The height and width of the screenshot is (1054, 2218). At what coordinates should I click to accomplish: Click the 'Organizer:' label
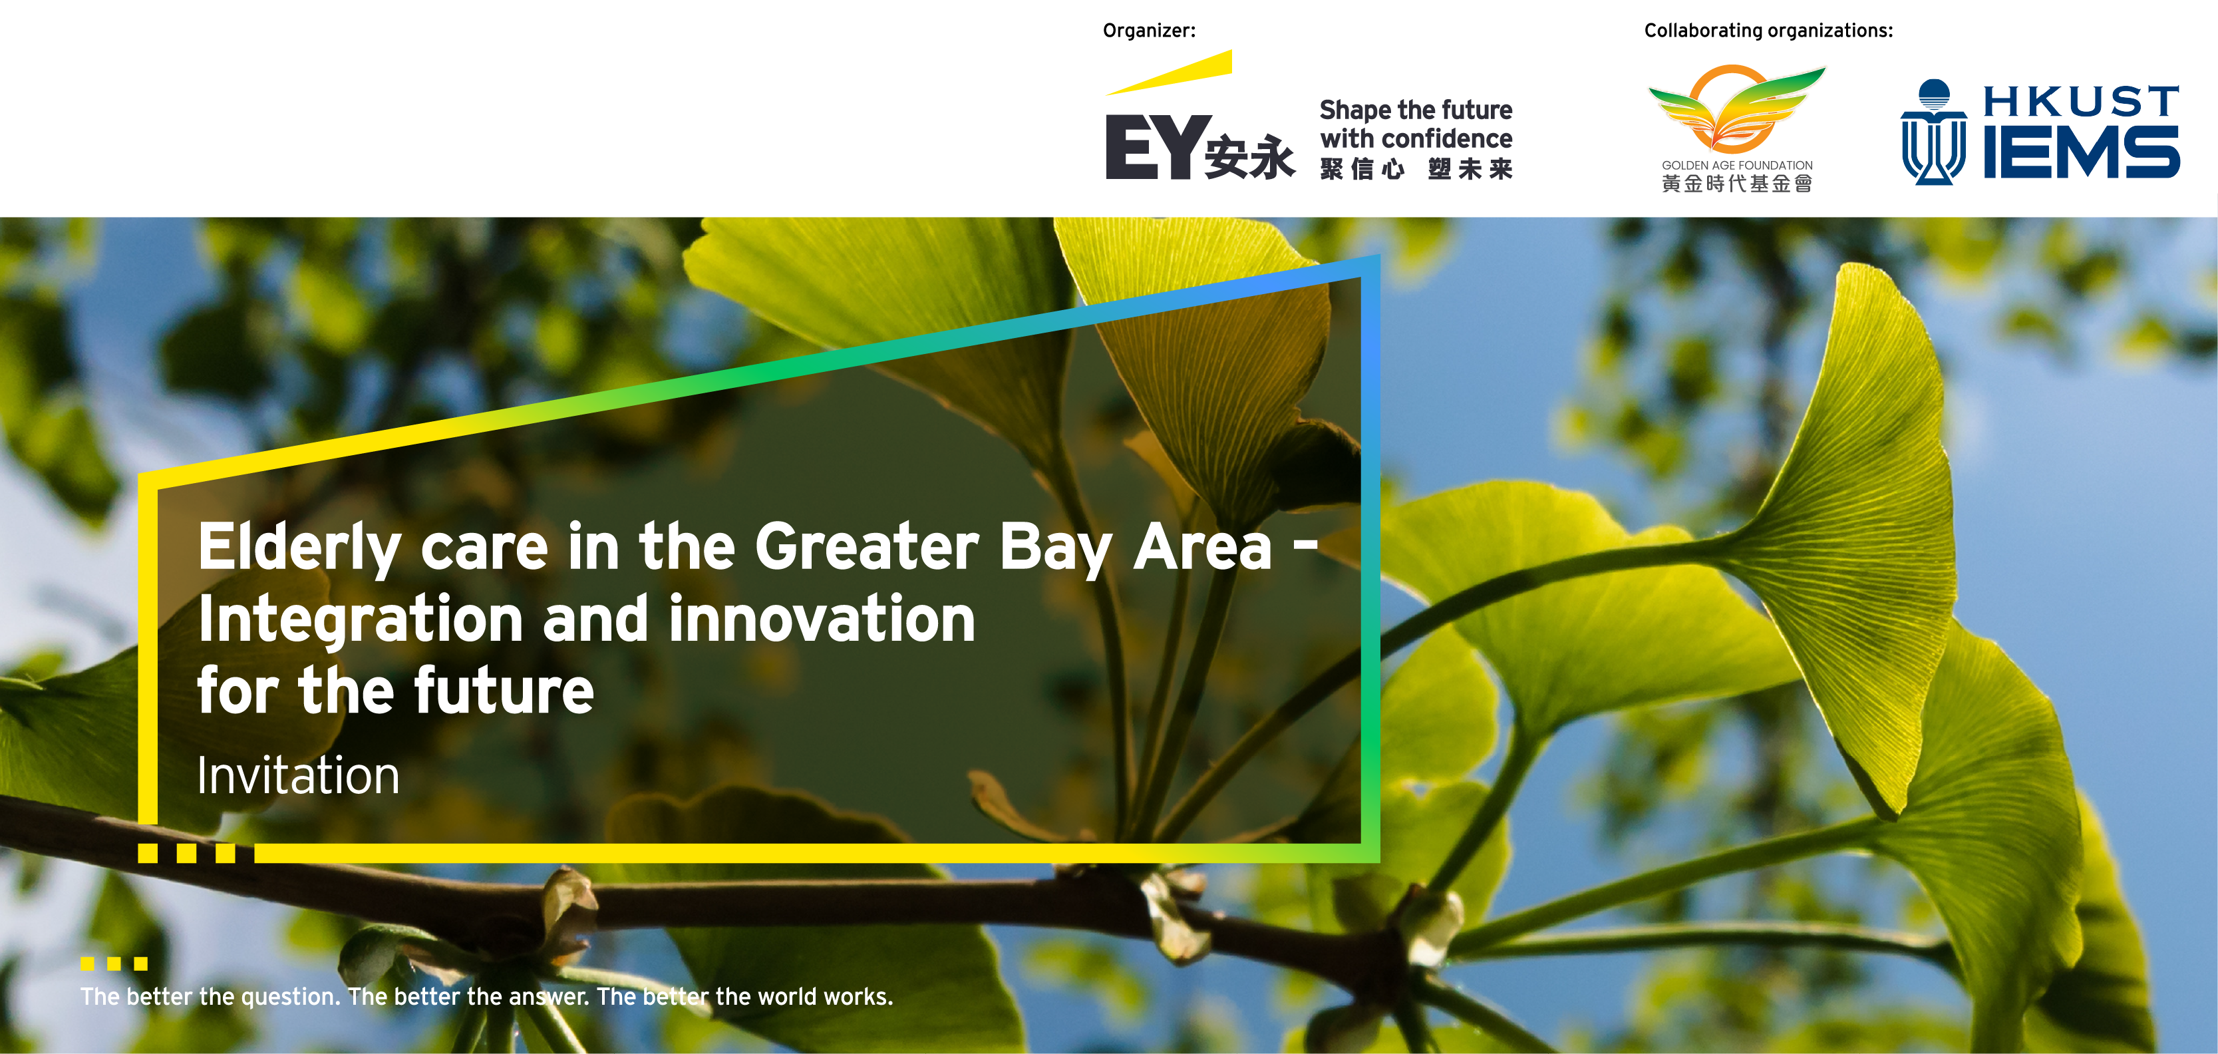1149,31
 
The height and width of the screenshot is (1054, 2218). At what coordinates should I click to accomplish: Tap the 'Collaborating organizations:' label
1768,31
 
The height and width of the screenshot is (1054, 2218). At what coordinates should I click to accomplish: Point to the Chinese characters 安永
1250,157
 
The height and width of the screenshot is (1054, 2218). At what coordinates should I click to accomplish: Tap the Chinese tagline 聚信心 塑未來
1416,169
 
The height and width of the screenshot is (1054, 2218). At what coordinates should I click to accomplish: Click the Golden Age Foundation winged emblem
1737,108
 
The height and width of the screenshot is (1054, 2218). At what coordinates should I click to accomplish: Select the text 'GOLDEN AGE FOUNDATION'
1737,165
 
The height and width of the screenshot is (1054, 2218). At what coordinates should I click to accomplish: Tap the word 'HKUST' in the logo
2081,102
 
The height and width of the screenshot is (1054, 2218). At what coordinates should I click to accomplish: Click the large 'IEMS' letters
2081,152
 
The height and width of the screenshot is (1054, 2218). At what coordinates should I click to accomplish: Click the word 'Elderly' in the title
299,548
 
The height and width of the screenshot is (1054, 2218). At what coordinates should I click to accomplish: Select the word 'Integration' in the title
361,620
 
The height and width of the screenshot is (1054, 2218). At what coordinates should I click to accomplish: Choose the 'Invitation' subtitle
299,775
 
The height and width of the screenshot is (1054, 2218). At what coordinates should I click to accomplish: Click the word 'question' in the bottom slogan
291,997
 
